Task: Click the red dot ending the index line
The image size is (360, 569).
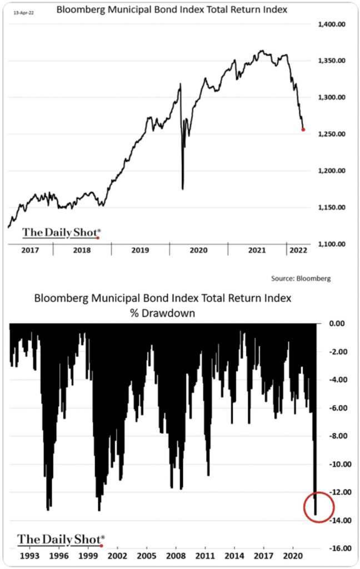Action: tap(303, 129)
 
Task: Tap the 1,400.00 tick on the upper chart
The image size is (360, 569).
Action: tap(332, 24)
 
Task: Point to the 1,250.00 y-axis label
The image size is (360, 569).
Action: tap(332, 134)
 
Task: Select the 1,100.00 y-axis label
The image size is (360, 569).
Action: tap(332, 244)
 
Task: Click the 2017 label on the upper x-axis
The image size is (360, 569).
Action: tap(30, 250)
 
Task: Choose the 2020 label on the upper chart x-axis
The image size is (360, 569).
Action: tap(198, 250)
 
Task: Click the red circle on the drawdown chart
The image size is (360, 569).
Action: tap(318, 507)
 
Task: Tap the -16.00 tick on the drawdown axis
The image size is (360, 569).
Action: tap(336, 548)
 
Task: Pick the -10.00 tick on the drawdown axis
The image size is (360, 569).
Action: tap(336, 464)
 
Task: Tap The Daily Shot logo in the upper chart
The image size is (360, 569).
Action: tap(61, 233)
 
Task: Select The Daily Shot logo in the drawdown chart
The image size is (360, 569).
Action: tap(60, 539)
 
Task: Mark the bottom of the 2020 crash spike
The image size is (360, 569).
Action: tap(182, 189)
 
